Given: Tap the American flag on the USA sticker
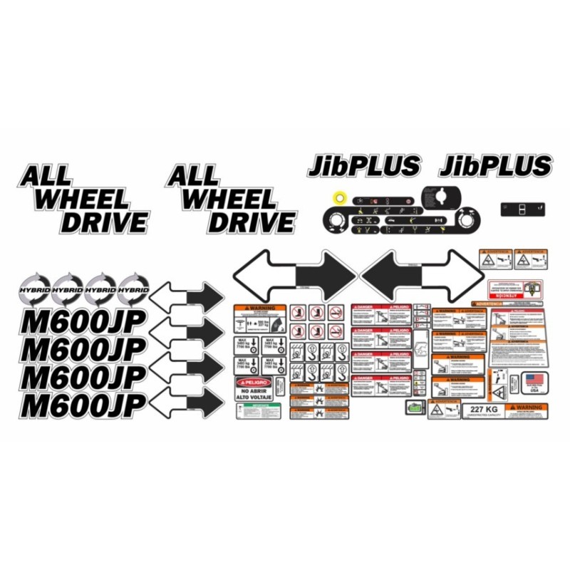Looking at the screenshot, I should tap(534, 378).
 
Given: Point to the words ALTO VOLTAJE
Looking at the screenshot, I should tap(256, 398).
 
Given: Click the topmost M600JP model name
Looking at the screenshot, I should tap(83, 322).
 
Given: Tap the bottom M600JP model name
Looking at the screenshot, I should tap(83, 403).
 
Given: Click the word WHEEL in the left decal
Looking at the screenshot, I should tap(82, 199).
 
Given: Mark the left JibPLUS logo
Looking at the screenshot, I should tap(364, 166).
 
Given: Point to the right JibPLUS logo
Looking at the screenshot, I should tap(495, 166).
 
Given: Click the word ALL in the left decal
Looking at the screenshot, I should tap(46, 175).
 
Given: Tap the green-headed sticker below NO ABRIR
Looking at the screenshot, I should tap(258, 411).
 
